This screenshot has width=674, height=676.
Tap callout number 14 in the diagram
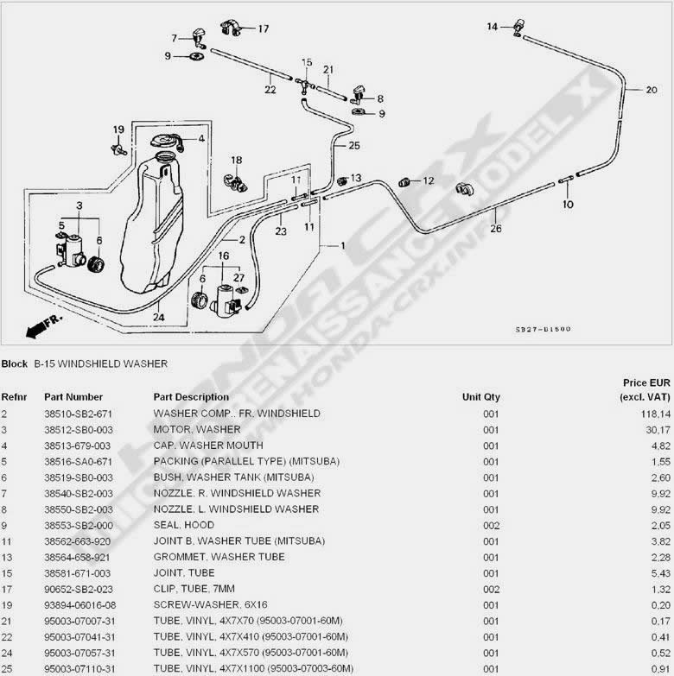[x=493, y=27]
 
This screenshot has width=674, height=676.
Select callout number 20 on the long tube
[x=652, y=89]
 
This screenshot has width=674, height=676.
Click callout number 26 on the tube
[x=495, y=229]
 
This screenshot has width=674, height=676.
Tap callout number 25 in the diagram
[x=353, y=146]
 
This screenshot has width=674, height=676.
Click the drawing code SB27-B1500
[x=544, y=329]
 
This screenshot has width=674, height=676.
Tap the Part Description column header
[x=191, y=397]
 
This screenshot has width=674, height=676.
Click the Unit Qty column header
[x=480, y=397]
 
